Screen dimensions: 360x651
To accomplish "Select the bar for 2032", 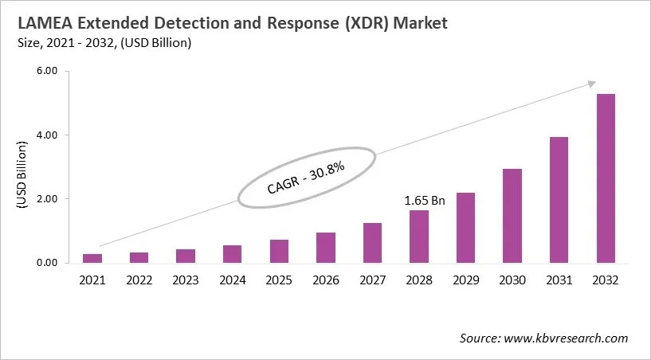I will pyautogui.click(x=605, y=178).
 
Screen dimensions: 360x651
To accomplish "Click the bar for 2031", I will pyautogui.click(x=559, y=200).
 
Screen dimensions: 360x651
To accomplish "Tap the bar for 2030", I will pyautogui.click(x=512, y=216).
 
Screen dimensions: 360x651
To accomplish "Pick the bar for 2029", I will pyautogui.click(x=465, y=228).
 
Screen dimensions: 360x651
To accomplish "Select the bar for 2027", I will pyautogui.click(x=372, y=243).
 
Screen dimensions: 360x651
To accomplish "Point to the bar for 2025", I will pyautogui.click(x=279, y=251).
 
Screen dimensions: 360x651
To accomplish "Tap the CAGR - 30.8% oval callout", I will pyautogui.click(x=308, y=177).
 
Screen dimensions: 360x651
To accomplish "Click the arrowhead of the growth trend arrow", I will pyautogui.click(x=591, y=84).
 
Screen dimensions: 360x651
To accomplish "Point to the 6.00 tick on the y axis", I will pyautogui.click(x=48, y=72).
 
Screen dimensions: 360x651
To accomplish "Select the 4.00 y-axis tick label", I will pyautogui.click(x=48, y=135).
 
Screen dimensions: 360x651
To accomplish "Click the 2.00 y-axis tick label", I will pyautogui.click(x=48, y=199).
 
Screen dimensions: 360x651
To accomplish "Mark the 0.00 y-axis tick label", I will pyautogui.click(x=48, y=263).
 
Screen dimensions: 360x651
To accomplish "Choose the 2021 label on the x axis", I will pyautogui.click(x=92, y=280).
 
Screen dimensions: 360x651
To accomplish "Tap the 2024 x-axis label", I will pyautogui.click(x=232, y=280).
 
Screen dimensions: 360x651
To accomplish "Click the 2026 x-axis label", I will pyautogui.click(x=325, y=280).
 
